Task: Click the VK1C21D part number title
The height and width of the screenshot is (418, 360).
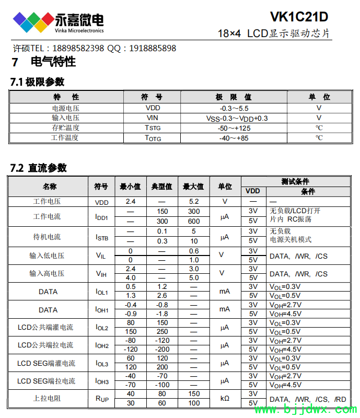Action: (299, 17)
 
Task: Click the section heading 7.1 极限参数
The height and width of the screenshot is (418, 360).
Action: (38, 82)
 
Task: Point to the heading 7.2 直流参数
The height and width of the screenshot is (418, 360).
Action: (39, 168)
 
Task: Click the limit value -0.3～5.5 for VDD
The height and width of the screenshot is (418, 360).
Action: (234, 108)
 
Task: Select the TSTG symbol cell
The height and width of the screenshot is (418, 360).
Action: (153, 128)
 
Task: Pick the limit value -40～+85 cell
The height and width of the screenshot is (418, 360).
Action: (234, 138)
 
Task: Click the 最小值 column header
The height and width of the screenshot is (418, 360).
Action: (130, 187)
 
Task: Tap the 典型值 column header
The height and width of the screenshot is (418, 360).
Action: (162, 187)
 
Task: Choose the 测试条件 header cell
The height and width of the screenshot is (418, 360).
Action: (295, 181)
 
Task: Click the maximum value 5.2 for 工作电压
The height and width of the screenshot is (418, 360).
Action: (194, 201)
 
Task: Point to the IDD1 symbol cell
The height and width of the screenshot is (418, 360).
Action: (101, 216)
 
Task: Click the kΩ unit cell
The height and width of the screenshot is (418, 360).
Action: (225, 398)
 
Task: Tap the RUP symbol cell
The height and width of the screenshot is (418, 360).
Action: (102, 399)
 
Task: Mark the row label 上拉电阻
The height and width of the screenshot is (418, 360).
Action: (47, 398)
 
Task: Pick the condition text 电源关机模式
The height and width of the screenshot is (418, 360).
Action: (291, 240)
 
